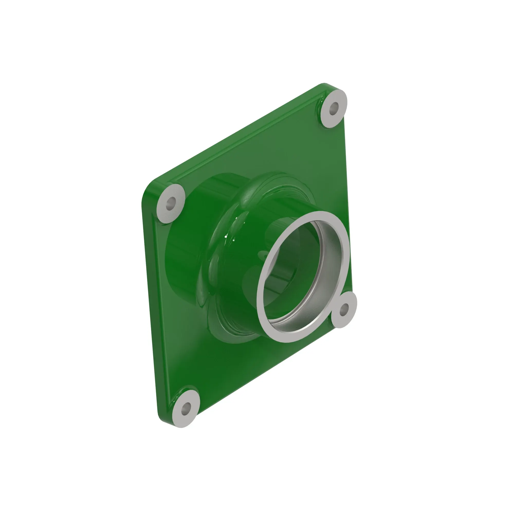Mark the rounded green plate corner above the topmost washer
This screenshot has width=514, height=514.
pyautogui.click(x=326, y=86)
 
